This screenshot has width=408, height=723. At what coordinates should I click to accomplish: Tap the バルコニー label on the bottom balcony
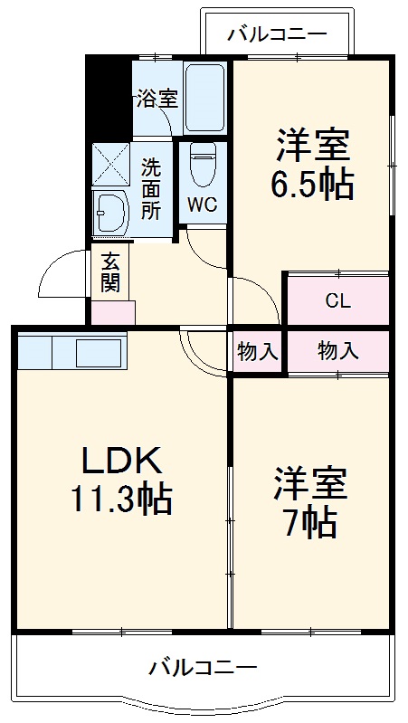tap(204, 669)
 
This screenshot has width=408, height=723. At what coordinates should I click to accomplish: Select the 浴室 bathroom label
tap(157, 99)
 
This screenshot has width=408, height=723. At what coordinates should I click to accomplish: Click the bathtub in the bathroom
tap(204, 99)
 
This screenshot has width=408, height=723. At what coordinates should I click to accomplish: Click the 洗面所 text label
tap(152, 188)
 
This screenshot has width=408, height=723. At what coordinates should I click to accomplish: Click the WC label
tap(202, 205)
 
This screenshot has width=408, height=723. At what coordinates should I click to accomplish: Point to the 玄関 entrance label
tap(110, 271)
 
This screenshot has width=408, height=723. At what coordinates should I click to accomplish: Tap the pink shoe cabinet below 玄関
tap(112, 312)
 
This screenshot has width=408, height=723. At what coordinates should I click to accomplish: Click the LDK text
tap(123, 461)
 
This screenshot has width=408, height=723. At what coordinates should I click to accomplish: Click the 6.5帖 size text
tap(311, 185)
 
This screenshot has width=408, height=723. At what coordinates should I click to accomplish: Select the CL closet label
tap(338, 302)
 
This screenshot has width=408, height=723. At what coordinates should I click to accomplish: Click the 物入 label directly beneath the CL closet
tap(337, 352)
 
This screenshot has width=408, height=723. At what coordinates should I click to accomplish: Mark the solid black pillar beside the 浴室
tap(109, 96)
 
